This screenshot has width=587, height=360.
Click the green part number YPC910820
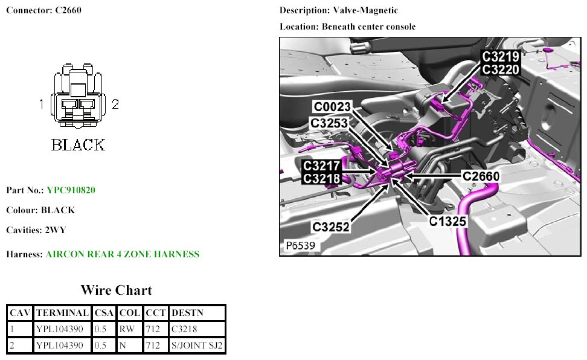pos(71,190)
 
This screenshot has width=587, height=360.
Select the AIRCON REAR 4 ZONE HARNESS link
pos(123,254)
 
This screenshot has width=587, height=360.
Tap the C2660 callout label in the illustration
pos(481,176)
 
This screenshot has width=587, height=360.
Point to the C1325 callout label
pos(447,221)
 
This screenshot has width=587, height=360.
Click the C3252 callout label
pos(331,227)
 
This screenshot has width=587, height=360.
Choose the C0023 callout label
pos(332,107)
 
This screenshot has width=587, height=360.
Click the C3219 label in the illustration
pos(501,57)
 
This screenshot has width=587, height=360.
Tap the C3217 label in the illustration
pos(321,166)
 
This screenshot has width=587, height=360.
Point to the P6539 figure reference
pos(301,245)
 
